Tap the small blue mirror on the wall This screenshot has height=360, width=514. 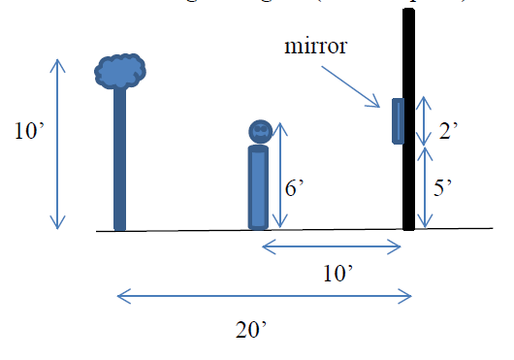(x=398, y=120)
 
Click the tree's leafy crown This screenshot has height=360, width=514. (x=121, y=71)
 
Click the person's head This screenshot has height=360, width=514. (x=259, y=131)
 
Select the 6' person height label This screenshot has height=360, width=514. (x=296, y=190)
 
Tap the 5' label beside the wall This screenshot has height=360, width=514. (x=445, y=189)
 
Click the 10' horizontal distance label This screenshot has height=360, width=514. (x=336, y=275)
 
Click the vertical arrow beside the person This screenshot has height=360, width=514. (x=280, y=176)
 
